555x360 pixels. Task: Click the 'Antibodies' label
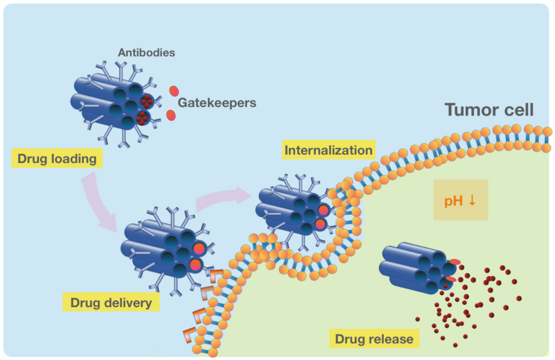click(146, 52)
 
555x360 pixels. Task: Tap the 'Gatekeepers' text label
click(217, 103)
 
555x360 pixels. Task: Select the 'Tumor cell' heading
click(489, 110)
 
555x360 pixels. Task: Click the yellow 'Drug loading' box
click(57, 159)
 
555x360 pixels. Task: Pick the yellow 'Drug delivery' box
click(111, 303)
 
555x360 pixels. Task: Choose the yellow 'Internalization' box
click(328, 151)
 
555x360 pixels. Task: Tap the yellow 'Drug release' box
click(374, 339)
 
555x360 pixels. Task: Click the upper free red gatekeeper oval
click(174, 91)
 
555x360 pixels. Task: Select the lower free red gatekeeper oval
click(171, 115)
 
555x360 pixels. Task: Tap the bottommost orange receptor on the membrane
click(189, 333)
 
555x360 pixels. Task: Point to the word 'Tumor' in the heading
click(466, 110)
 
